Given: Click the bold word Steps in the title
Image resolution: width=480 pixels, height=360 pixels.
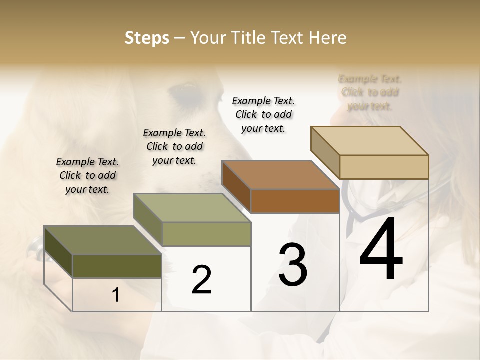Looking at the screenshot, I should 147,38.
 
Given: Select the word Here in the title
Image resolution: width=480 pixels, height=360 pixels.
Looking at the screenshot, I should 328,38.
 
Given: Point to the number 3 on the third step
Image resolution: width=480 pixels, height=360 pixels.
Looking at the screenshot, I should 293,265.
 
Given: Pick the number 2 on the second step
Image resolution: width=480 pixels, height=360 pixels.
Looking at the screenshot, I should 202,280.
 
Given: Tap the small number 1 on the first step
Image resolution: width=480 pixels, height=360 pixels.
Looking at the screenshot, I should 116,295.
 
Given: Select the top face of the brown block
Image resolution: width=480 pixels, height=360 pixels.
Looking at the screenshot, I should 280,175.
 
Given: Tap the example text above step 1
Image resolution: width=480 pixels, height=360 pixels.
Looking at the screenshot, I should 87,175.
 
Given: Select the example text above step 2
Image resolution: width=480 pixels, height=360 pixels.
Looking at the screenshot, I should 174,146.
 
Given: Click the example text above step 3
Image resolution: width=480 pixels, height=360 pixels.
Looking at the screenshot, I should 263,114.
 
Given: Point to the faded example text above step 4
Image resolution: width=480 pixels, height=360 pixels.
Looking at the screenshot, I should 370,92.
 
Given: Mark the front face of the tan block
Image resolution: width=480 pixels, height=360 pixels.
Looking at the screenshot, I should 384,167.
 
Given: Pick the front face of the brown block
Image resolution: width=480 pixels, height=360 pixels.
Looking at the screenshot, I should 295,201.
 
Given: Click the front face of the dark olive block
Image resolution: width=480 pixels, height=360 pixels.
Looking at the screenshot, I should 117,266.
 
